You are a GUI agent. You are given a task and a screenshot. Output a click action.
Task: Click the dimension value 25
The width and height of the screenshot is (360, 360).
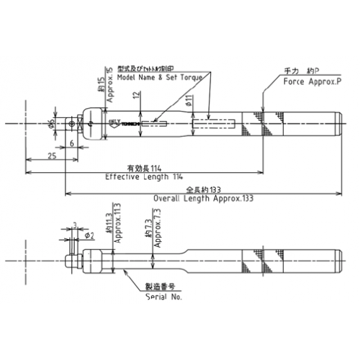pyautogui.click(x=53, y=155)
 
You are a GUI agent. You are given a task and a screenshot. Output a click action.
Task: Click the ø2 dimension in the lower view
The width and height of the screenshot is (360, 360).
pyautogui.click(x=90, y=235)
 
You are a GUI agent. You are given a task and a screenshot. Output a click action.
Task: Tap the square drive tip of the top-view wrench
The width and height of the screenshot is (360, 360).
pyautogui.click(x=71, y=124)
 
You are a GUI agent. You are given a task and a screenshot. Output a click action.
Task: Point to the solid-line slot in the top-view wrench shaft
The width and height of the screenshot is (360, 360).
pyautogui.click(x=156, y=124)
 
